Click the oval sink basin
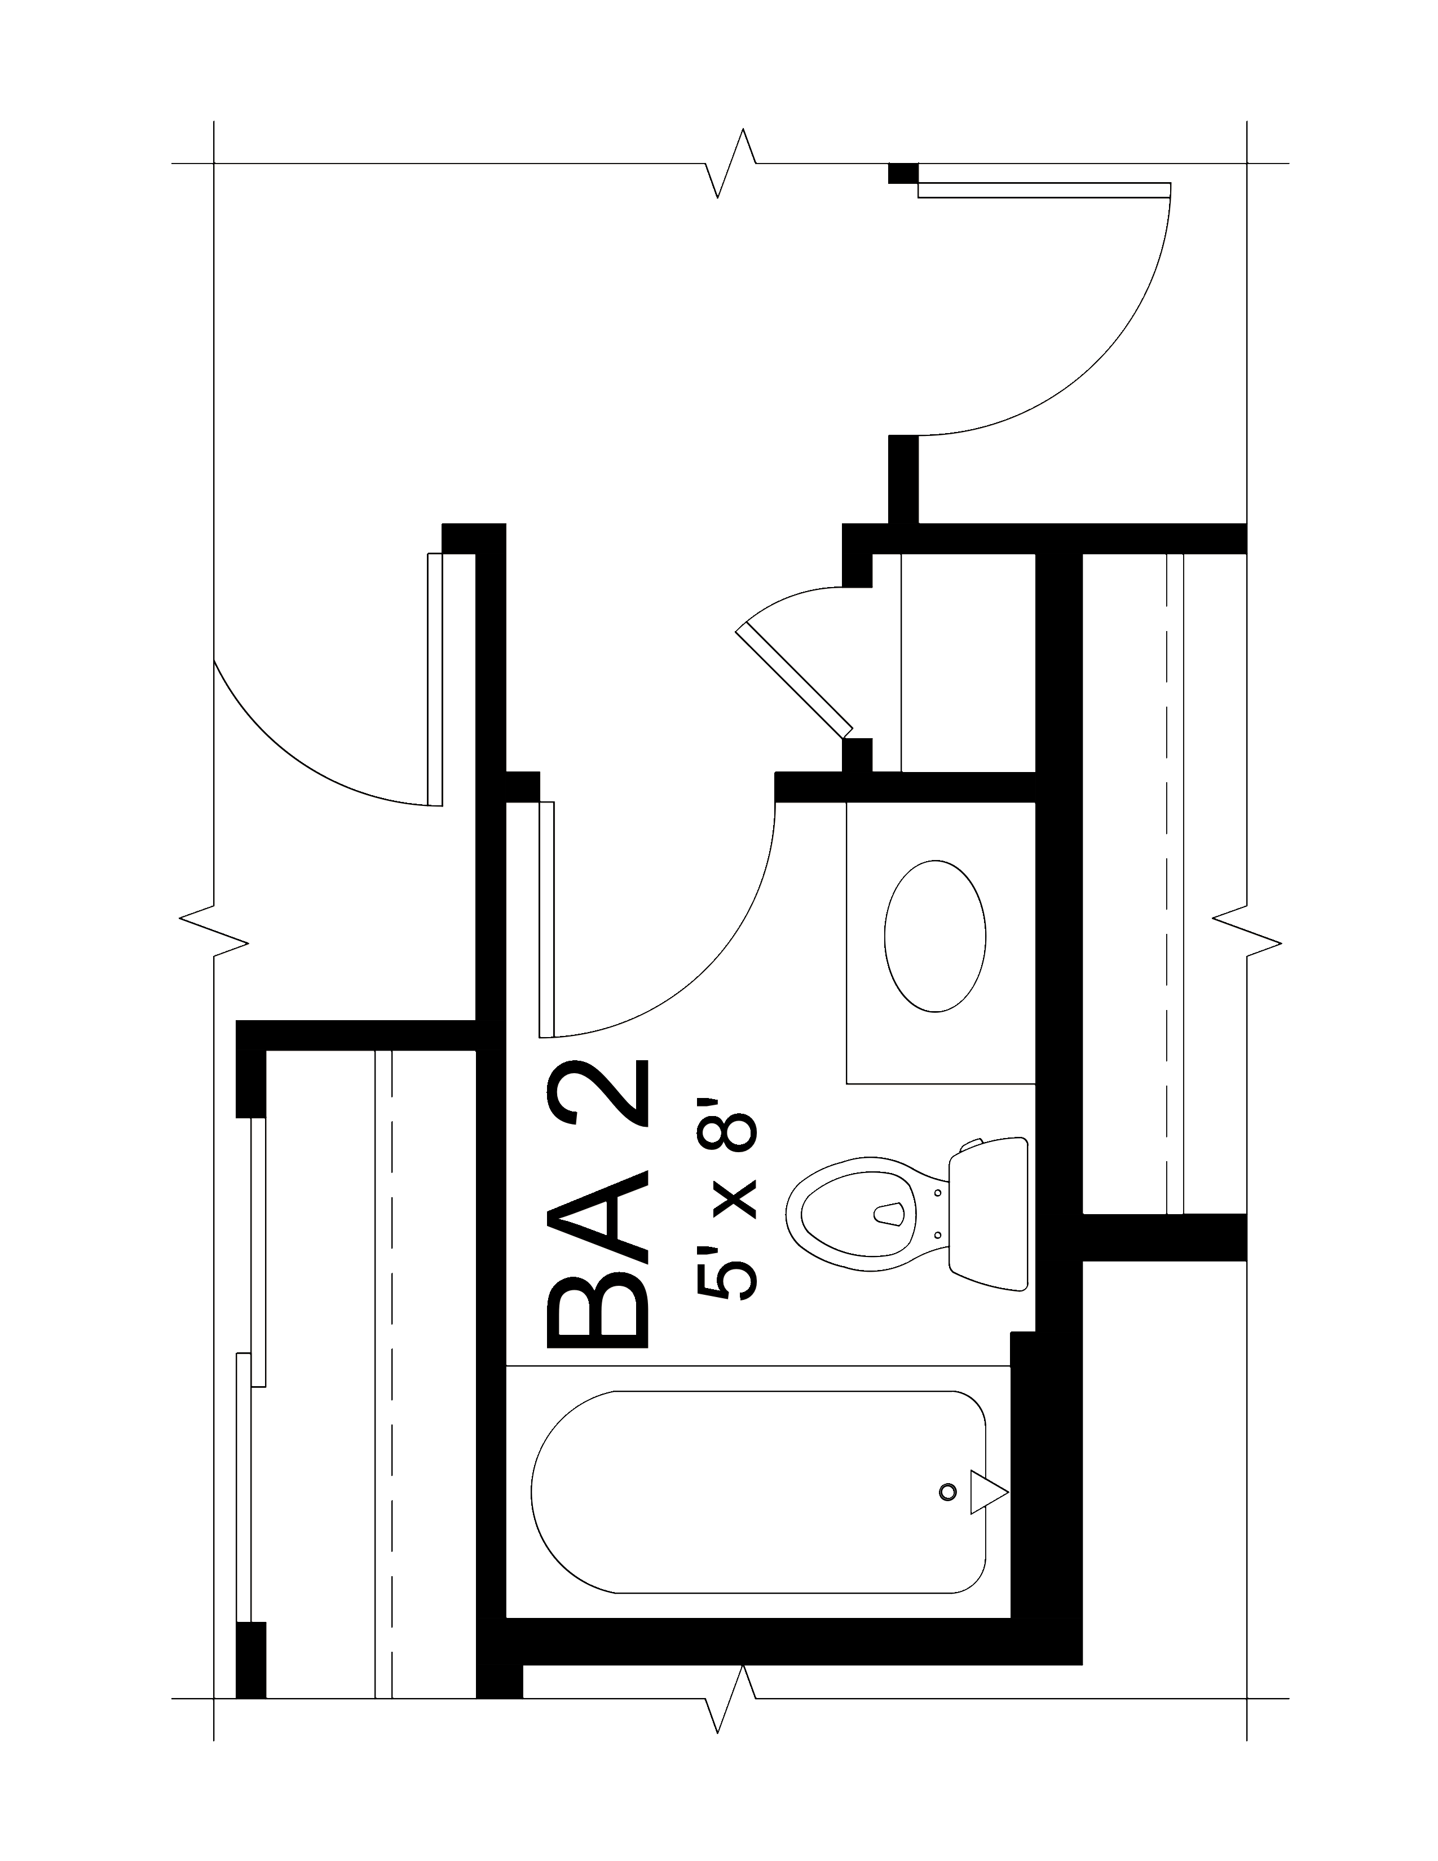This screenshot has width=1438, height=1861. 934,936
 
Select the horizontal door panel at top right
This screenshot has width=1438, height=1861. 1044,190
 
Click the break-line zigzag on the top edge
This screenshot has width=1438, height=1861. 730,163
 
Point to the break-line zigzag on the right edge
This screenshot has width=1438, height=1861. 1246,930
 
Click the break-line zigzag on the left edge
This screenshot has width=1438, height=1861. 213,930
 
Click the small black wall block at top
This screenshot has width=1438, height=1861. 902,173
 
